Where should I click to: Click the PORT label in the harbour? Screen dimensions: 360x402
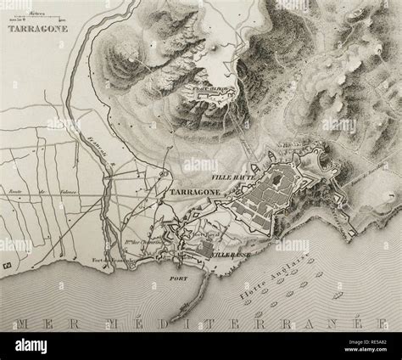point(178,274)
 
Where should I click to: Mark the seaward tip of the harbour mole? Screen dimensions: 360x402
point(172,321)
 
